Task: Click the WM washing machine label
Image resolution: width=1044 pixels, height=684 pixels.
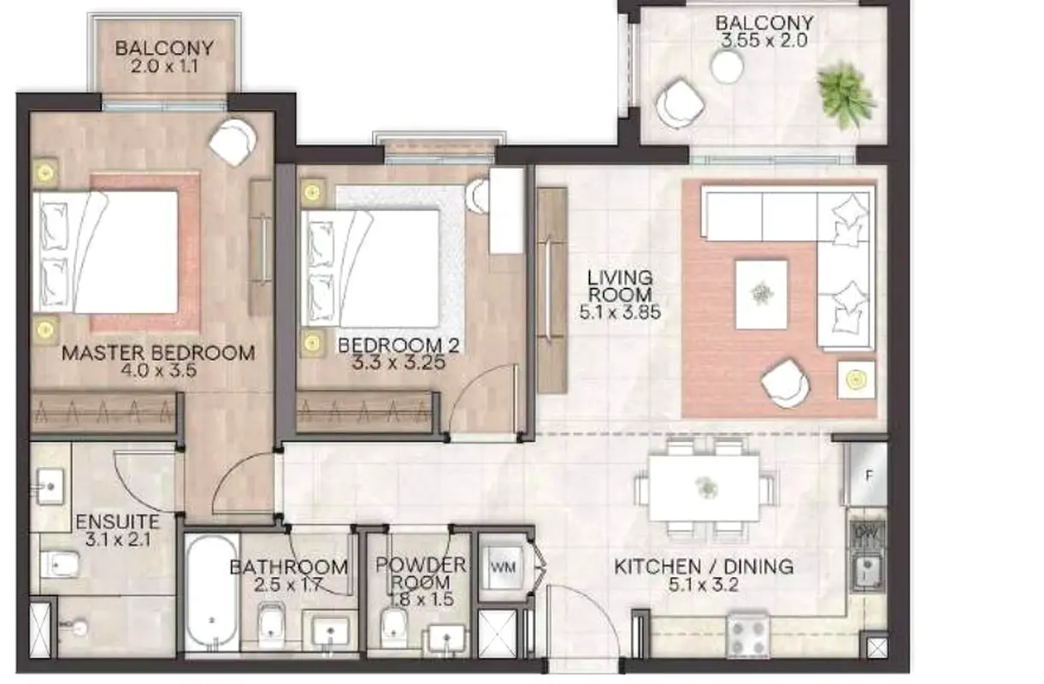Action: (504, 567)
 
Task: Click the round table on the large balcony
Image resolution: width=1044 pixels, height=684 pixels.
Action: (726, 66)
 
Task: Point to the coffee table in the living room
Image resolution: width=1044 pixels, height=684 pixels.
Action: (761, 294)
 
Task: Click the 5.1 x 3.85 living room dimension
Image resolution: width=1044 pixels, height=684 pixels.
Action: (620, 312)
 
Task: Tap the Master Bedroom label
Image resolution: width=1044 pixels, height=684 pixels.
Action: (158, 353)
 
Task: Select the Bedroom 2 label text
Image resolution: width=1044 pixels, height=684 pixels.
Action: (398, 345)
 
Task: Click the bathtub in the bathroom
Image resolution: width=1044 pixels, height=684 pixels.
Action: (212, 593)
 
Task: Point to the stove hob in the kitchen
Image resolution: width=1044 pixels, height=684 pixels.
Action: (747, 634)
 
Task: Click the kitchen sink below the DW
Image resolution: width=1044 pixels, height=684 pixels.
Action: (867, 572)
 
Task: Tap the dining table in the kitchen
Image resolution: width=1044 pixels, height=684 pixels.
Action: (704, 488)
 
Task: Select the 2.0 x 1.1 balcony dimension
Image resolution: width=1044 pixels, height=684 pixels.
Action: (164, 66)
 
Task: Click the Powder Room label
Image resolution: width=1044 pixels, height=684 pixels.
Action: (421, 573)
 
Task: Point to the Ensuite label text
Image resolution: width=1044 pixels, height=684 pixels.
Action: (117, 522)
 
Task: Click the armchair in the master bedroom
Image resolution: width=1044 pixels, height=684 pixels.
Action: (232, 142)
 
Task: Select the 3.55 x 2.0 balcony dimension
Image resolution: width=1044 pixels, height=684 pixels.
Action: (764, 40)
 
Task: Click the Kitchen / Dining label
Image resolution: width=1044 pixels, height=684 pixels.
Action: (704, 567)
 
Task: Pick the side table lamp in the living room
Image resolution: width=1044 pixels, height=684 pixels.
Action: (856, 380)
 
